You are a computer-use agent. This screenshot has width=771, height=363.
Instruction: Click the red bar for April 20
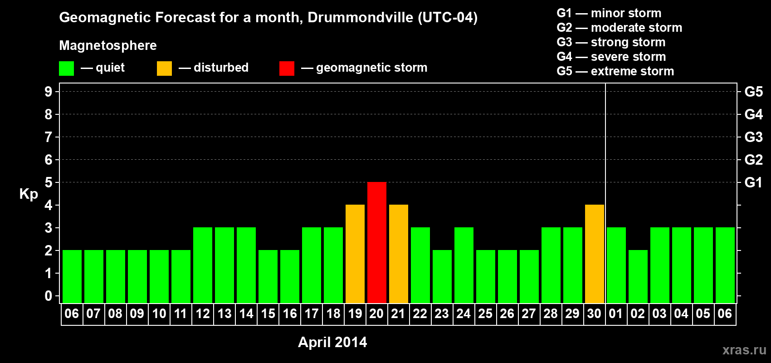click(x=376, y=242)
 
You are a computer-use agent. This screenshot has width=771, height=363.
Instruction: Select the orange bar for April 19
click(x=355, y=254)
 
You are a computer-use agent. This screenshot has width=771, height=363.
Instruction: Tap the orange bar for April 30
click(x=594, y=254)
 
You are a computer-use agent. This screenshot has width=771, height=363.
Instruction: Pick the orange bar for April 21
click(x=398, y=254)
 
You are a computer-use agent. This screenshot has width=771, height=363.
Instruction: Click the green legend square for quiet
click(x=66, y=69)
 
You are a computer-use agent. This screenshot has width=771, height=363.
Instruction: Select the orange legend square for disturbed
click(x=164, y=69)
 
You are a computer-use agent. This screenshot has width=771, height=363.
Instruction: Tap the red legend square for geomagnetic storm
click(x=287, y=69)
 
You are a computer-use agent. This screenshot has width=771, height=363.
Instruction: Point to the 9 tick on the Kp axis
click(x=49, y=92)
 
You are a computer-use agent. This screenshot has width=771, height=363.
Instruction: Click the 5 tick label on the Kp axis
click(x=49, y=182)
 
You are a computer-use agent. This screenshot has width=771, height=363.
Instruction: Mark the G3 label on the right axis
click(x=753, y=137)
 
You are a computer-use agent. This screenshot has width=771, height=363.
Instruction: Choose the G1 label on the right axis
click(x=753, y=182)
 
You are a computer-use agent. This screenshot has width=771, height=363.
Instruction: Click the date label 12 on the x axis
click(x=202, y=314)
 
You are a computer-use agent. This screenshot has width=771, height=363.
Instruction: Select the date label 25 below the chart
click(x=485, y=314)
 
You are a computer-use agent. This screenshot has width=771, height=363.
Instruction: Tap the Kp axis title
click(x=29, y=194)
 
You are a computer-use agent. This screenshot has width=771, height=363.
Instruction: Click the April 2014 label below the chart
click(x=332, y=342)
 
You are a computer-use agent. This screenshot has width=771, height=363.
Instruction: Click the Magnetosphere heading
click(x=108, y=45)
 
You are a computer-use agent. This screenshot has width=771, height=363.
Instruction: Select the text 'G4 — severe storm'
click(x=611, y=57)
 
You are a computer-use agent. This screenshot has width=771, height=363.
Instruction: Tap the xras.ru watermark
click(x=744, y=350)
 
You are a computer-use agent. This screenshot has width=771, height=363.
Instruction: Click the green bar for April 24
click(x=464, y=265)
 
